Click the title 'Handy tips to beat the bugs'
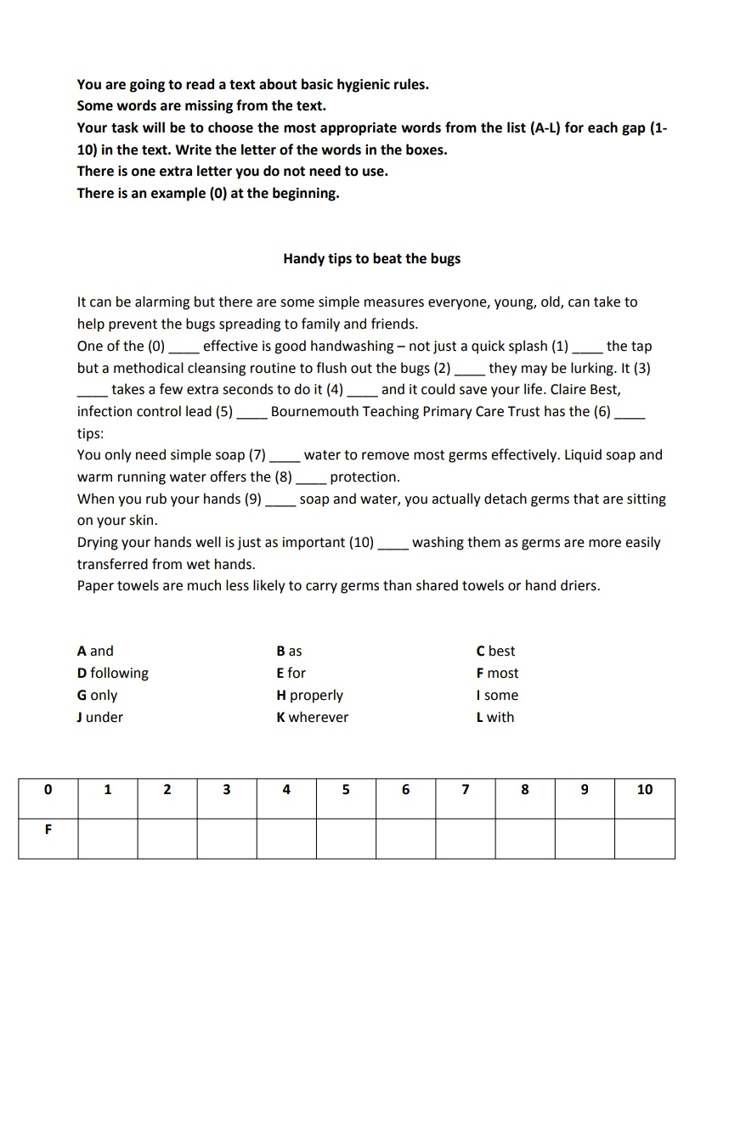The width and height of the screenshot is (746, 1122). (x=371, y=258)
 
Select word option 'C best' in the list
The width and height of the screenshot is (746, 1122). (x=495, y=651)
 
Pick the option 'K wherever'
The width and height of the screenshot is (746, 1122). (x=312, y=717)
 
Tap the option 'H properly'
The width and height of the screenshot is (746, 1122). (x=309, y=695)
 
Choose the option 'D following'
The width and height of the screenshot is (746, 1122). (x=112, y=673)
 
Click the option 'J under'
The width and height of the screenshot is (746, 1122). (x=99, y=717)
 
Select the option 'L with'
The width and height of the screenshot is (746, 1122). (x=495, y=717)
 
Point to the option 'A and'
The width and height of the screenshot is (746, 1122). (x=94, y=651)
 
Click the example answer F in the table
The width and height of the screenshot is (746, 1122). (x=48, y=830)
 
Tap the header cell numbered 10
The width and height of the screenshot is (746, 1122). (x=644, y=790)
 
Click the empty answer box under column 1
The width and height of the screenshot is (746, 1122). (x=108, y=838)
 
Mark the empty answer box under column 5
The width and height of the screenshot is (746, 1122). (x=346, y=838)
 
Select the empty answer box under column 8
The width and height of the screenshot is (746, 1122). (x=525, y=838)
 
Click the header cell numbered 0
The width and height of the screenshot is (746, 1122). (x=48, y=790)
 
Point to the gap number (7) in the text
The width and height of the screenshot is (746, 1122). (x=257, y=455)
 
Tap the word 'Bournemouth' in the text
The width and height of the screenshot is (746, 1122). (x=310, y=412)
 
